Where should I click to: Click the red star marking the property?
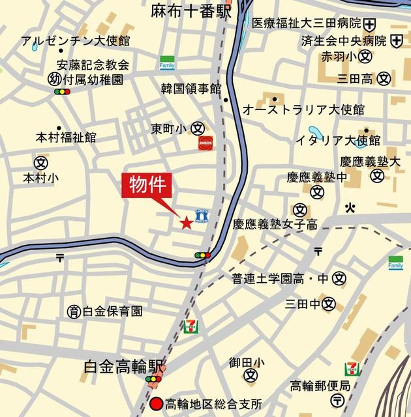[x=186, y=223]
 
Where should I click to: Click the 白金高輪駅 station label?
[x=125, y=367]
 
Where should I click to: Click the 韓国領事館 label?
[x=192, y=87]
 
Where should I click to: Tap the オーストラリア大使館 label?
[x=303, y=109]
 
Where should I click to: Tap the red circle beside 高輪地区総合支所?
[x=156, y=403]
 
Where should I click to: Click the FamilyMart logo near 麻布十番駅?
[x=168, y=63]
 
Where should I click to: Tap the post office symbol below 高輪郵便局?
[x=338, y=399]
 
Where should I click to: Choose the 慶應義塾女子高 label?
[x=275, y=225]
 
